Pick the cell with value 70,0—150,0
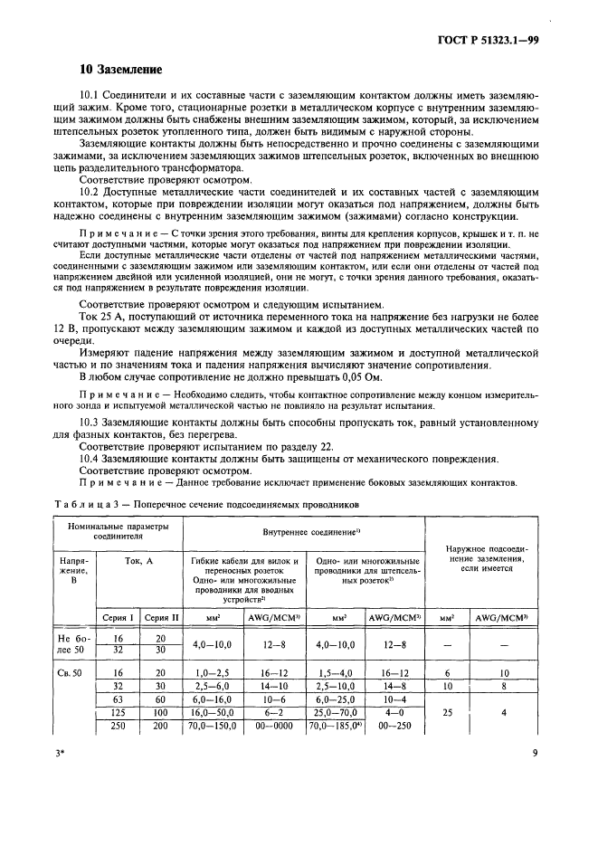[214, 726]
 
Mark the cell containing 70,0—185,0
[337, 726]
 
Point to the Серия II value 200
[162, 726]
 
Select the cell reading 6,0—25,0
[338, 700]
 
